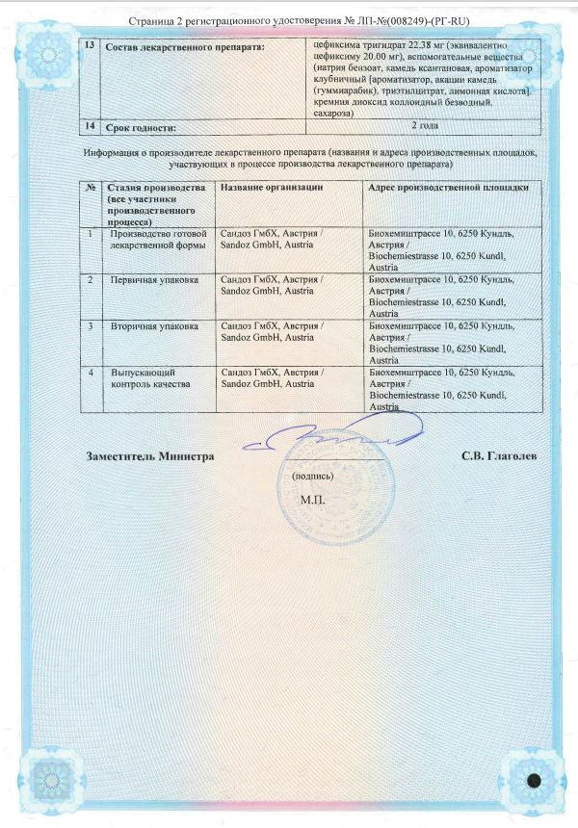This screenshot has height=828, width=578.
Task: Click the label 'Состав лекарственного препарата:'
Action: pos(183,46)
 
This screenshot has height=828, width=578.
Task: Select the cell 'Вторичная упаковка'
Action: pos(154,326)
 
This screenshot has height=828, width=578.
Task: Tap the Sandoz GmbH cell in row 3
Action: pos(273,332)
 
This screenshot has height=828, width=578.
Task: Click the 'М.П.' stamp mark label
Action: pos(313,501)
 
